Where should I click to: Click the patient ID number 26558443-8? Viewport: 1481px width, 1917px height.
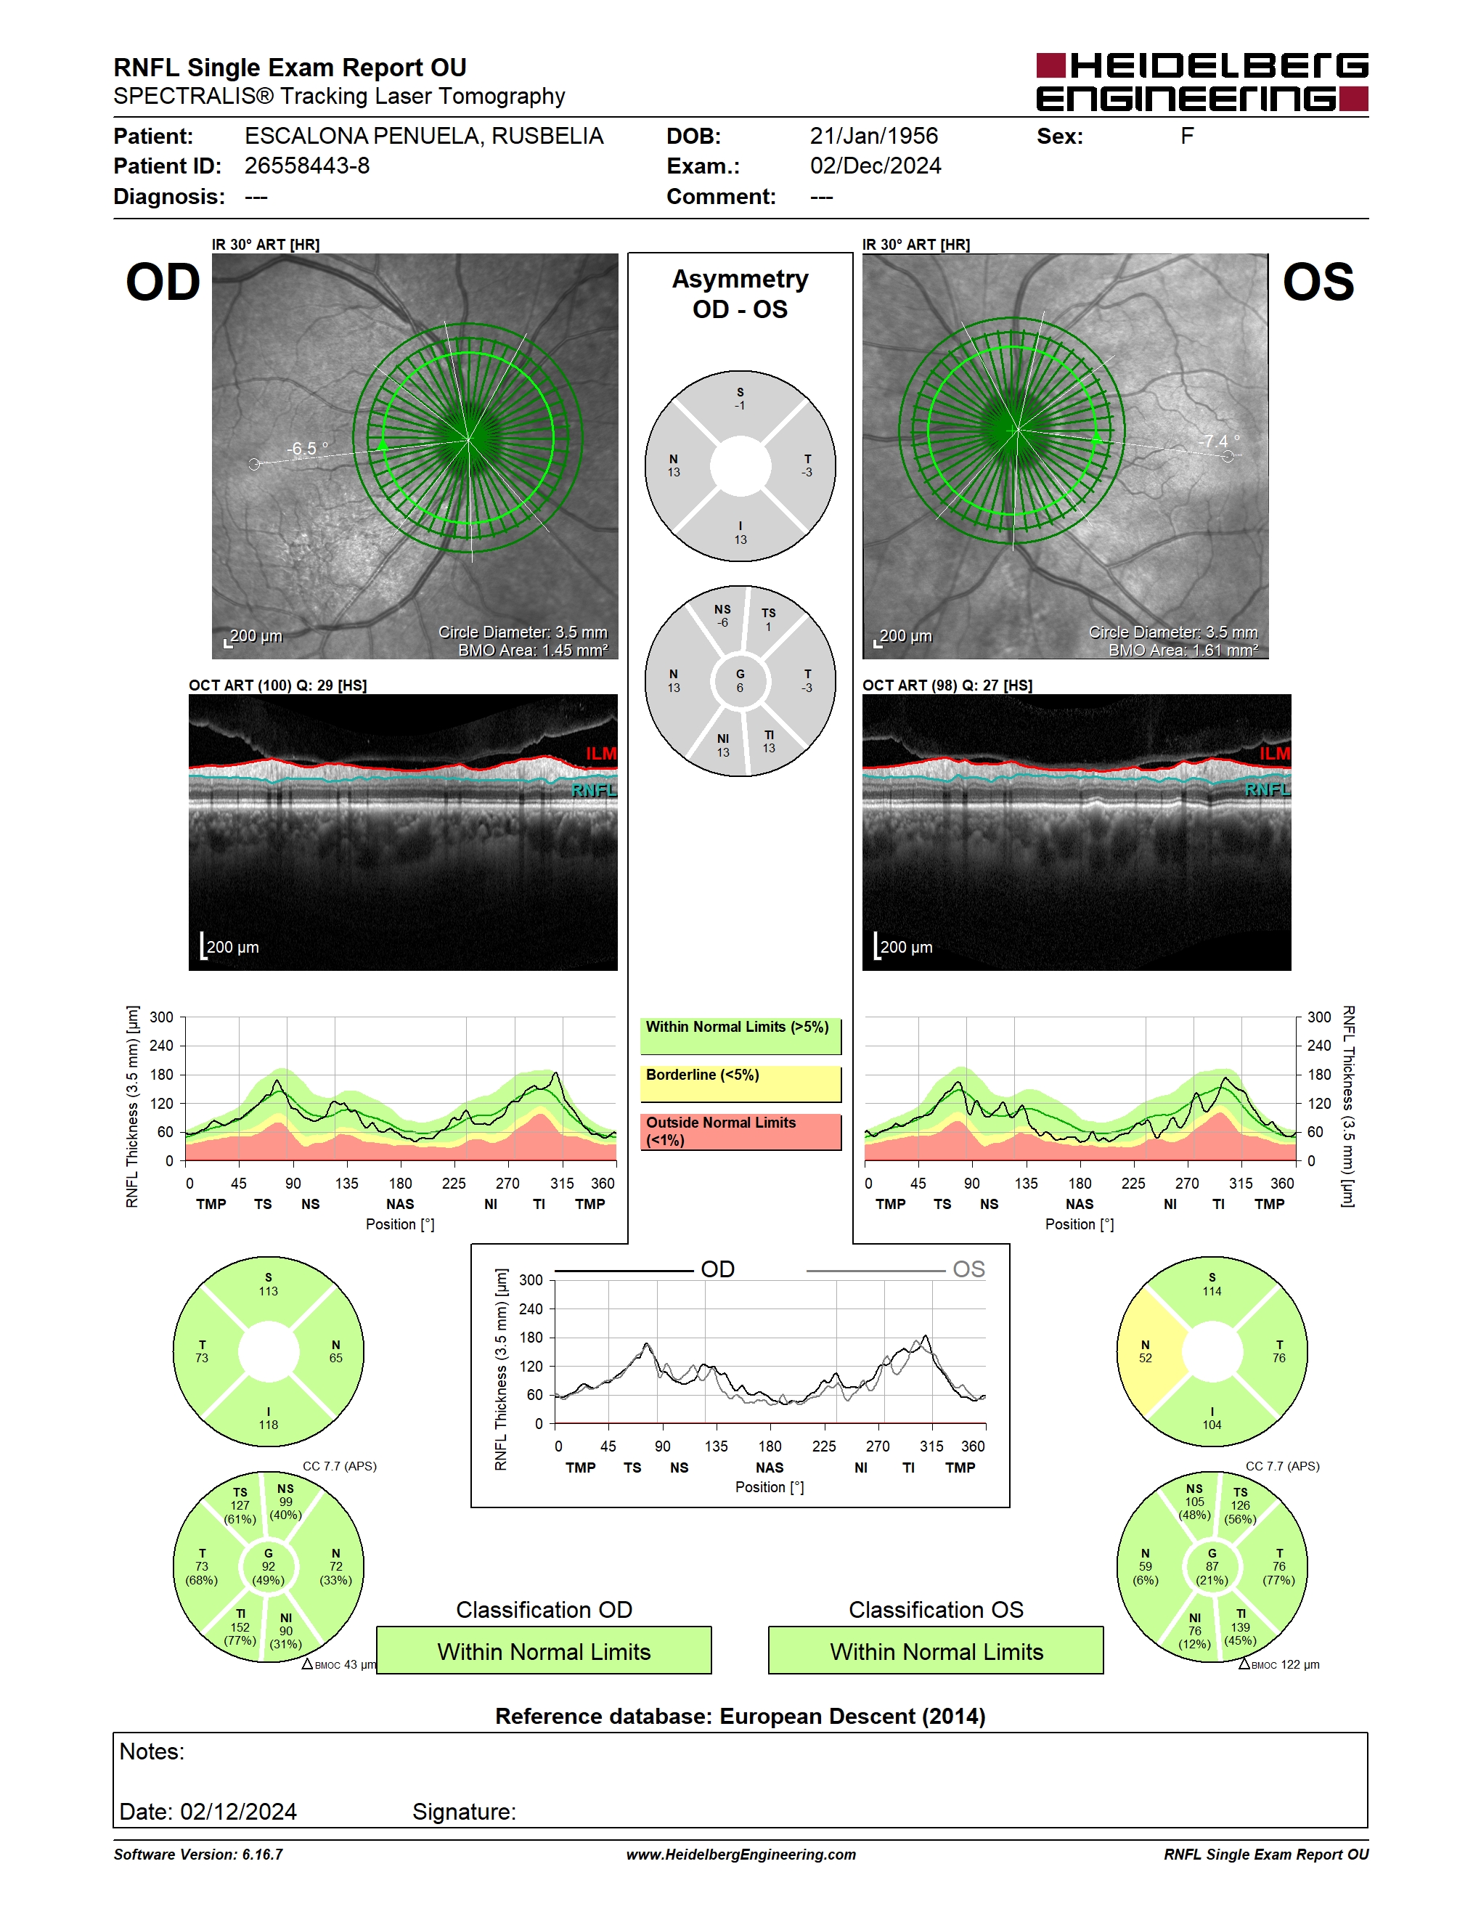(x=307, y=166)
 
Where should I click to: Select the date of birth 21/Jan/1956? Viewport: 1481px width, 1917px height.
(x=874, y=136)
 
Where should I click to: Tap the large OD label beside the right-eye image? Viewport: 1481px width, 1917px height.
(x=163, y=282)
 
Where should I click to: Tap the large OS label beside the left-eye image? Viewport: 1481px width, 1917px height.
(x=1318, y=282)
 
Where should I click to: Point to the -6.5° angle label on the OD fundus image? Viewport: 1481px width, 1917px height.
(x=307, y=449)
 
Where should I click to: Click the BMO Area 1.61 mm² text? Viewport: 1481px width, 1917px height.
(x=1183, y=651)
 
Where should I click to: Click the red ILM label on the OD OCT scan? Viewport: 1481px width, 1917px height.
(x=601, y=753)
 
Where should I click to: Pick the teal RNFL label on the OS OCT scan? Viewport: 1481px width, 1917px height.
(x=1267, y=790)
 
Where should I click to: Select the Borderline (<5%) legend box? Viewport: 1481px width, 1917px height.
(x=740, y=1083)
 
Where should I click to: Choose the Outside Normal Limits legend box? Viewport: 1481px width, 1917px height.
(x=740, y=1131)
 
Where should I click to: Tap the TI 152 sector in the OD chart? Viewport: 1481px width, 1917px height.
(x=238, y=1626)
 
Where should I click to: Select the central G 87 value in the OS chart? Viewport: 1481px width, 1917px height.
(x=1212, y=1567)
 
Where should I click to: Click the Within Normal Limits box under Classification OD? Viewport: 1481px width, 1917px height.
(x=544, y=1651)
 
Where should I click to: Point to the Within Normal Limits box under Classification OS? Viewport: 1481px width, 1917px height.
(x=937, y=1651)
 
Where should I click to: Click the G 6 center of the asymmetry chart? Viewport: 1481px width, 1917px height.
(x=740, y=681)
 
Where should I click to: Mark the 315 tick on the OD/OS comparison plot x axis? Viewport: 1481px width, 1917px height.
(x=931, y=1446)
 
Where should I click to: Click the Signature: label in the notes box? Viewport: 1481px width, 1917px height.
(x=464, y=1812)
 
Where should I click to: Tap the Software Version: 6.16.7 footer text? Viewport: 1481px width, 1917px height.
(x=198, y=1855)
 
